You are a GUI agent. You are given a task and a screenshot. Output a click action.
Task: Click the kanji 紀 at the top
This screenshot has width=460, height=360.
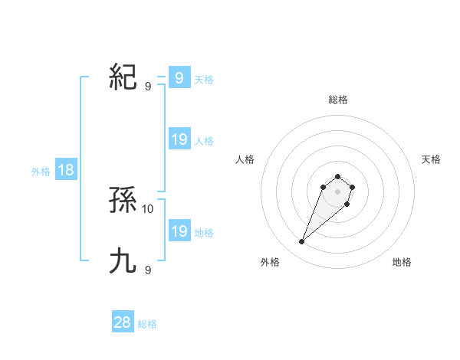(123, 77)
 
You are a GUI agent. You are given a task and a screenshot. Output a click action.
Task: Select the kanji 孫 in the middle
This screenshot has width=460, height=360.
(123, 201)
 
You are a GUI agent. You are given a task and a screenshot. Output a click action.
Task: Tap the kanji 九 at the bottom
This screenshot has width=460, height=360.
(123, 261)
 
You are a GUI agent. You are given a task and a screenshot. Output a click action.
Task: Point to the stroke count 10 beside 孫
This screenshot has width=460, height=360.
(148, 208)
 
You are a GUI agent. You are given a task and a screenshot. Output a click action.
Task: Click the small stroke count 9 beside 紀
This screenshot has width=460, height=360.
(148, 86)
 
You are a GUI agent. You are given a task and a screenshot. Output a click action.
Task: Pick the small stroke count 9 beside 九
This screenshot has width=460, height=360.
(148, 270)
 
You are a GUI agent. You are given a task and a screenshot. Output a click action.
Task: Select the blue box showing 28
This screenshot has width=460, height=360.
(123, 322)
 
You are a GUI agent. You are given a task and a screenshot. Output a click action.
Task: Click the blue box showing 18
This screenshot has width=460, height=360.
(66, 170)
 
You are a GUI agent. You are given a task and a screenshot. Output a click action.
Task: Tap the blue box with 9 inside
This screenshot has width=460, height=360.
(179, 77)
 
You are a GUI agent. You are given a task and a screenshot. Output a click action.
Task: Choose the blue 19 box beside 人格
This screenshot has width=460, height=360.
(179, 139)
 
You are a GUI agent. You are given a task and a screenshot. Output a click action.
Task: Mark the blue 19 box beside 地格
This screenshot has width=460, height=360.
(179, 231)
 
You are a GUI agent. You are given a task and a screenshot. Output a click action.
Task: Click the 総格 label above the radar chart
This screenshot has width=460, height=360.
(338, 100)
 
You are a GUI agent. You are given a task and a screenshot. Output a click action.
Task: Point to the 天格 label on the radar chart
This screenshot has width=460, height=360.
(431, 159)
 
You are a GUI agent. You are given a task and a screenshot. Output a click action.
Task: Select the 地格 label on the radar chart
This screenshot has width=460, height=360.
(402, 262)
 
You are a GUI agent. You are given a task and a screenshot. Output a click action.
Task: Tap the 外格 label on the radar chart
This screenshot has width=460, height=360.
(270, 262)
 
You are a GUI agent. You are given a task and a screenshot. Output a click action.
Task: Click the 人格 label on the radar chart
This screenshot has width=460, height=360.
(245, 159)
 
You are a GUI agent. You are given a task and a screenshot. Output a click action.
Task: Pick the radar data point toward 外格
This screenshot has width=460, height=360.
(301, 242)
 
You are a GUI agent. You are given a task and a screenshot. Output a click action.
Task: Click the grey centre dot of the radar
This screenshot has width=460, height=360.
(338, 191)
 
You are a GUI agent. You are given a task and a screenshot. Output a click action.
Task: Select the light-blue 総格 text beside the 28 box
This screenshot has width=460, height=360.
(147, 324)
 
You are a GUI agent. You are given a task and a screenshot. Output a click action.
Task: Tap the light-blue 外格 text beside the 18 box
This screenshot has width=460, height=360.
(41, 172)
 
